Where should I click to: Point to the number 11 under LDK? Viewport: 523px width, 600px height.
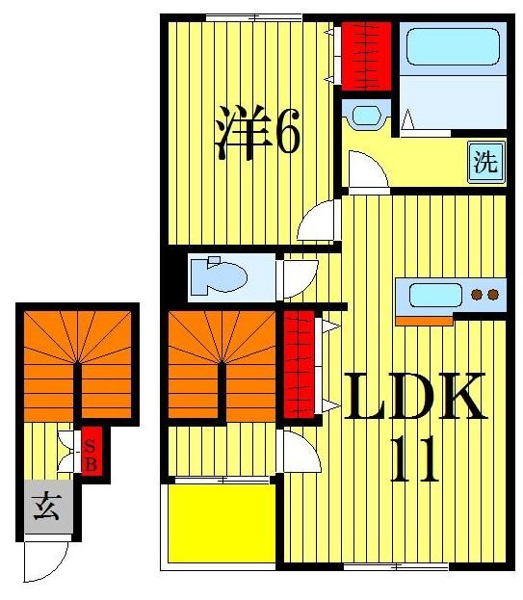(x=415, y=460)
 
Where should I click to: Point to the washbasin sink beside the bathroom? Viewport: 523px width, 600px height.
(x=367, y=117)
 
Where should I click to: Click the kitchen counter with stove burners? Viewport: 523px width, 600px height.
(x=451, y=295)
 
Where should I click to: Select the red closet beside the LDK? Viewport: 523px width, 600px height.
(x=301, y=363)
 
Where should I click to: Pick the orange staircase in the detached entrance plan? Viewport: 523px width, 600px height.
(x=77, y=364)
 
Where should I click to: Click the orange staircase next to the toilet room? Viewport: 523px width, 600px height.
(x=222, y=364)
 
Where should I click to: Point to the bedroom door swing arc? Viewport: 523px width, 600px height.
(x=317, y=222)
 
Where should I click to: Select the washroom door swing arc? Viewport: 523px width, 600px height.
(x=367, y=172)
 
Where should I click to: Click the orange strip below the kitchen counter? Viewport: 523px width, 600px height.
(x=425, y=321)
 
